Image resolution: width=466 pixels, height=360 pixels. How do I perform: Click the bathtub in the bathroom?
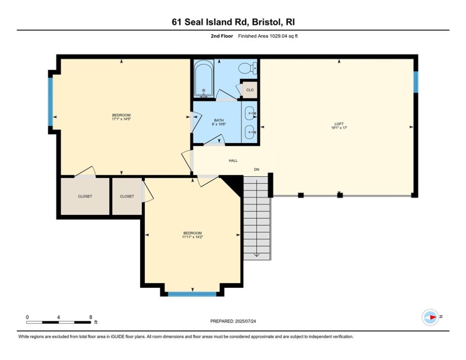point(204,78)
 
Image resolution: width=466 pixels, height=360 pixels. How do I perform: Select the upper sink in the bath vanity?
point(251,113)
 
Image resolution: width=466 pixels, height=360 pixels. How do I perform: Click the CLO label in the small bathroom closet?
point(250,90)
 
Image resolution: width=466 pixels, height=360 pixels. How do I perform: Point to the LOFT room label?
point(339,124)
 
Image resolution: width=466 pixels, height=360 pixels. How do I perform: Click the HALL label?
point(233,161)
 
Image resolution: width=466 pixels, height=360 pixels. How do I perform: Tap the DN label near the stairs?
point(257,169)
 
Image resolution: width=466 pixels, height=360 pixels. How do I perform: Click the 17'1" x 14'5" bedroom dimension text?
point(121,119)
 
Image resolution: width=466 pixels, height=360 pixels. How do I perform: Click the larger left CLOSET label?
point(85,196)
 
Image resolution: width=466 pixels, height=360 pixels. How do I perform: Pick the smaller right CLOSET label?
point(127,196)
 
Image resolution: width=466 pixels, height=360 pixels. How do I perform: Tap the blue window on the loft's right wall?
point(415,82)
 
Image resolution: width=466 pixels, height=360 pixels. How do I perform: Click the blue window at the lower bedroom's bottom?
point(192,294)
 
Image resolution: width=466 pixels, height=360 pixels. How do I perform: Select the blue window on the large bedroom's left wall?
point(51,101)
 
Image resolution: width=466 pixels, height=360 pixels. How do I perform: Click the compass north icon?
point(430,317)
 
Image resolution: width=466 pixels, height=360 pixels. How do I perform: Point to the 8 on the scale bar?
point(90,317)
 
